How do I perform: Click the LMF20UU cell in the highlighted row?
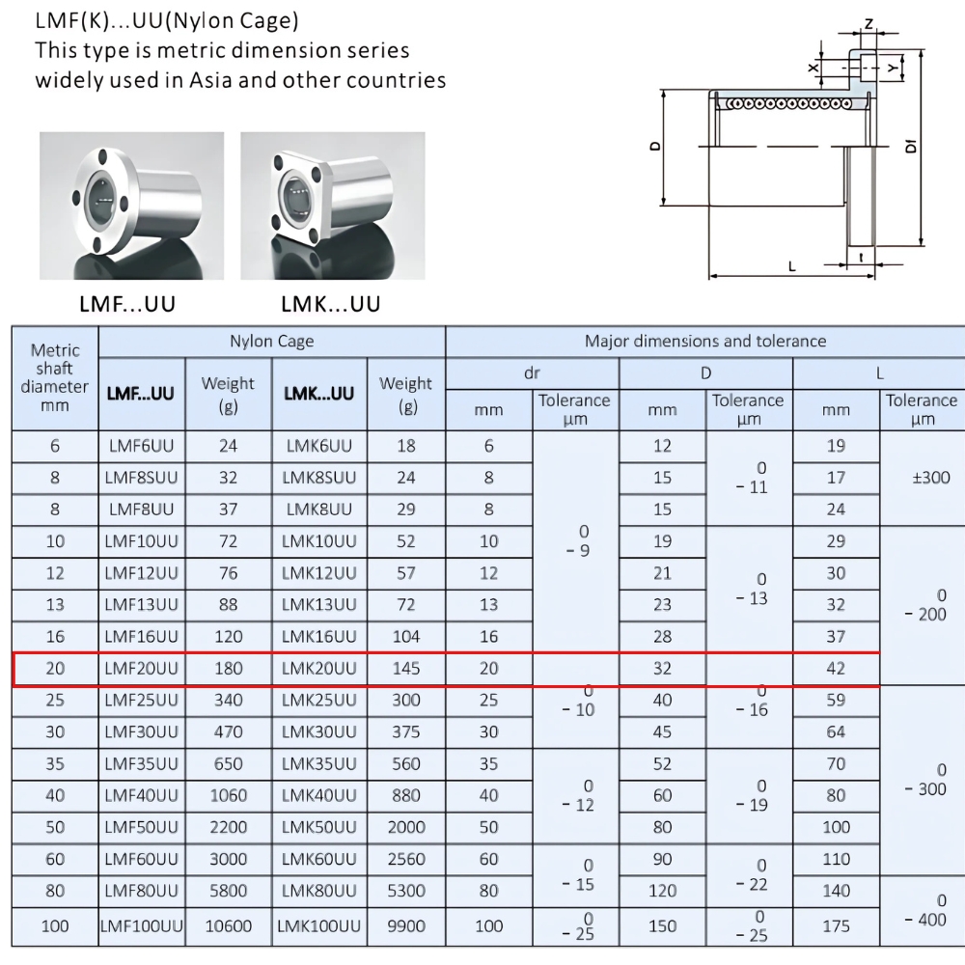click(x=142, y=668)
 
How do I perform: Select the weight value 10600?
click(x=229, y=925)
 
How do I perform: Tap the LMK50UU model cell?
click(x=318, y=827)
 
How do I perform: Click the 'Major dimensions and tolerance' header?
click(x=705, y=341)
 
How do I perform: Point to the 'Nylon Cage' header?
click(x=271, y=341)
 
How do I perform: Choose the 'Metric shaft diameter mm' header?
click(x=55, y=377)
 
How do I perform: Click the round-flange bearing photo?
click(x=131, y=206)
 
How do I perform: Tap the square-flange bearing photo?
click(x=332, y=206)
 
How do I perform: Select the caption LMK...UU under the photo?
click(x=331, y=305)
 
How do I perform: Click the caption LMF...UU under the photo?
click(x=127, y=305)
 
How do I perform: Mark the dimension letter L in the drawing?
click(x=791, y=266)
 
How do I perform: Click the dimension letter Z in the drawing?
click(x=868, y=23)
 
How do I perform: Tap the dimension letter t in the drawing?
click(x=859, y=257)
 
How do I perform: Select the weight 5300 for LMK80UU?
click(x=406, y=891)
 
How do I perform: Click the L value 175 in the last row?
click(x=836, y=925)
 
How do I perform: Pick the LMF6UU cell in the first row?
click(x=142, y=445)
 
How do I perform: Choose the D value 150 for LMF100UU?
click(x=662, y=925)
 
